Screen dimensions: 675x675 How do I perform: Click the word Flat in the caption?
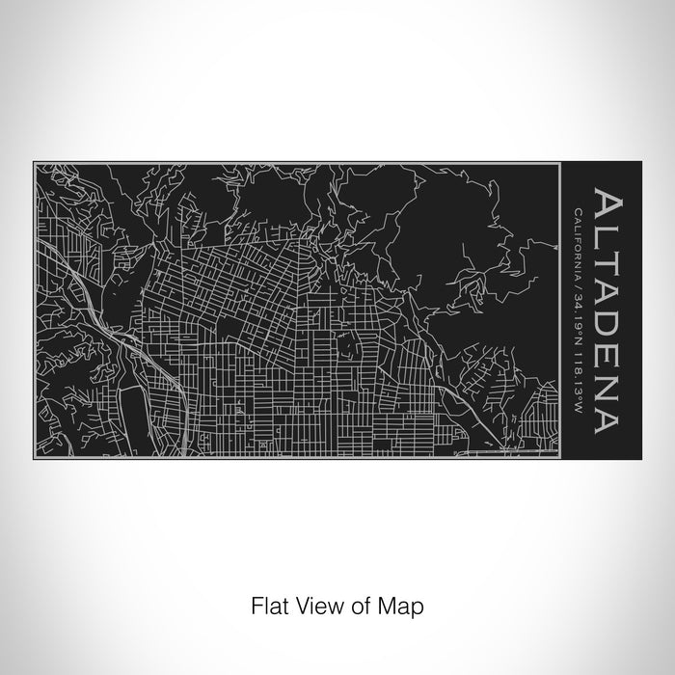(267, 607)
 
